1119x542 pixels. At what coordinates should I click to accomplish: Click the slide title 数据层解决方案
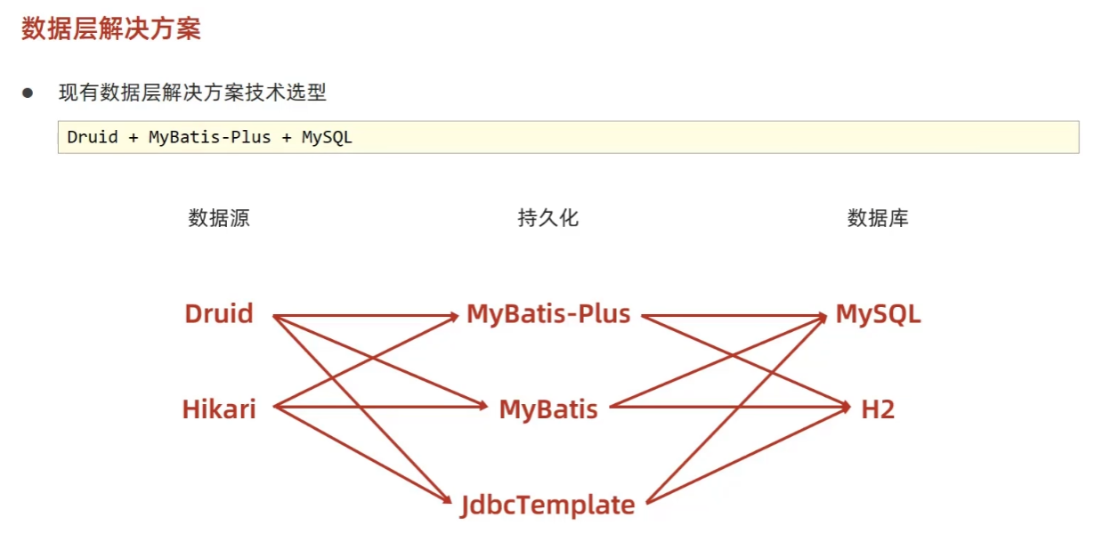(x=111, y=28)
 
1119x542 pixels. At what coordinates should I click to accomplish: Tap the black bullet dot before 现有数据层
(x=28, y=93)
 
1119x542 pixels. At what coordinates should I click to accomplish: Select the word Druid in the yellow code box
(x=93, y=138)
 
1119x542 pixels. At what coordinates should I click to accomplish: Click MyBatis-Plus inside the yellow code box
(x=209, y=138)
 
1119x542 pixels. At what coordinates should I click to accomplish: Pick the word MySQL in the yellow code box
(x=327, y=138)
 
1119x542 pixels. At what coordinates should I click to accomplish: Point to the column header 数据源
(x=219, y=218)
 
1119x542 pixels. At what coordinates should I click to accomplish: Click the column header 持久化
(x=548, y=218)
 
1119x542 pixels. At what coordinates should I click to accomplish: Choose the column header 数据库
(x=878, y=218)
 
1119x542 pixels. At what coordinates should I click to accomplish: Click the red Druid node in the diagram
(x=219, y=314)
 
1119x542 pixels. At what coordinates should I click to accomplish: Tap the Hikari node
(x=219, y=409)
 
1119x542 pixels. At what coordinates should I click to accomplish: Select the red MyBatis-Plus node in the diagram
(x=548, y=314)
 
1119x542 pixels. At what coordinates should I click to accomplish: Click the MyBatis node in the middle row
(x=548, y=409)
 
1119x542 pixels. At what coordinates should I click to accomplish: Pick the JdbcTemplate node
(x=548, y=506)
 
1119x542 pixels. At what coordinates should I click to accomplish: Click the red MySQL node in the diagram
(x=878, y=314)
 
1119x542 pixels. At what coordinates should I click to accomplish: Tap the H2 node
(x=878, y=409)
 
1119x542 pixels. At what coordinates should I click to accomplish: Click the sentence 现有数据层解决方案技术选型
(x=192, y=93)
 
